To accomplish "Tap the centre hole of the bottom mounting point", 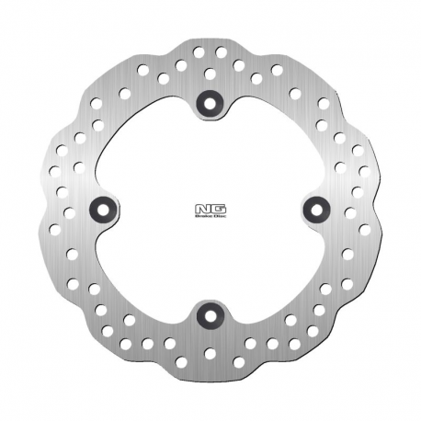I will pos(210,316).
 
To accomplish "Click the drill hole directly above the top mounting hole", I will pos(210,74).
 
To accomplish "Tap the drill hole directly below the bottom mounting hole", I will pos(210,352).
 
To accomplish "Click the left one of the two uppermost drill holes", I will pos(199,52).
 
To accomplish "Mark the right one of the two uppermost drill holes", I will pos(221,52).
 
